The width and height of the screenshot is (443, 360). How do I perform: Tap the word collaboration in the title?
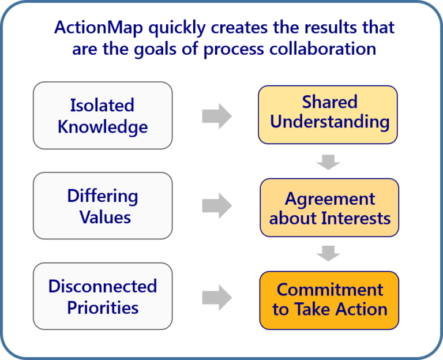[329, 48]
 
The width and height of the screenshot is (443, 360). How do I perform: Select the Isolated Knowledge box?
[103, 115]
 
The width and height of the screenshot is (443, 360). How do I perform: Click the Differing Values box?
[103, 205]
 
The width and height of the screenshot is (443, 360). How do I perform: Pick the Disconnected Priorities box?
[103, 296]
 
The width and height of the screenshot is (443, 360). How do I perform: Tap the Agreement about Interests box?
[329, 208]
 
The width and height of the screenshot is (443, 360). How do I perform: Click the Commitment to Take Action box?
[329, 299]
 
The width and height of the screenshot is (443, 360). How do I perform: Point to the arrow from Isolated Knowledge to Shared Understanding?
[216, 116]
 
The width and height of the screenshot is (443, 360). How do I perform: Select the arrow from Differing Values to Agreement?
[216, 206]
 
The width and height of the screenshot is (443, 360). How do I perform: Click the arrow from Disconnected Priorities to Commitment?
[216, 297]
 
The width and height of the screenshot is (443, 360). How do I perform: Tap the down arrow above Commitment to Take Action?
[329, 253]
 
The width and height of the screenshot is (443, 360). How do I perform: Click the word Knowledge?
[103, 126]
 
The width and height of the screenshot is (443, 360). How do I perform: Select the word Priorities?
[103, 307]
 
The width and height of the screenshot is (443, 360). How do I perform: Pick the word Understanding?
[329, 122]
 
